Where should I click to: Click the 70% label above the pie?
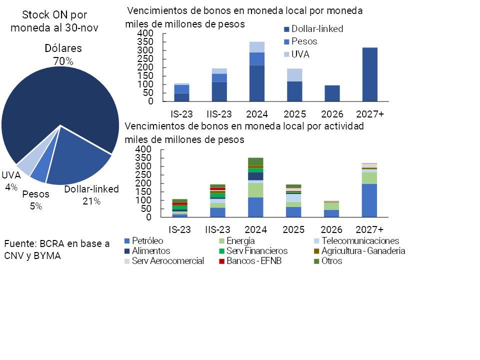pyautogui.click(x=63, y=61)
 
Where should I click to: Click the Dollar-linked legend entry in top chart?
pyautogui.click(x=313, y=29)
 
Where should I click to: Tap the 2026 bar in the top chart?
pyautogui.click(x=332, y=93)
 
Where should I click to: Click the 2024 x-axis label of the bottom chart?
pyautogui.click(x=255, y=229)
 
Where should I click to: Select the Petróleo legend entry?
pyautogui.click(x=145, y=241)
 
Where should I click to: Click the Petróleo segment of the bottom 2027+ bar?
pyautogui.click(x=370, y=200)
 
